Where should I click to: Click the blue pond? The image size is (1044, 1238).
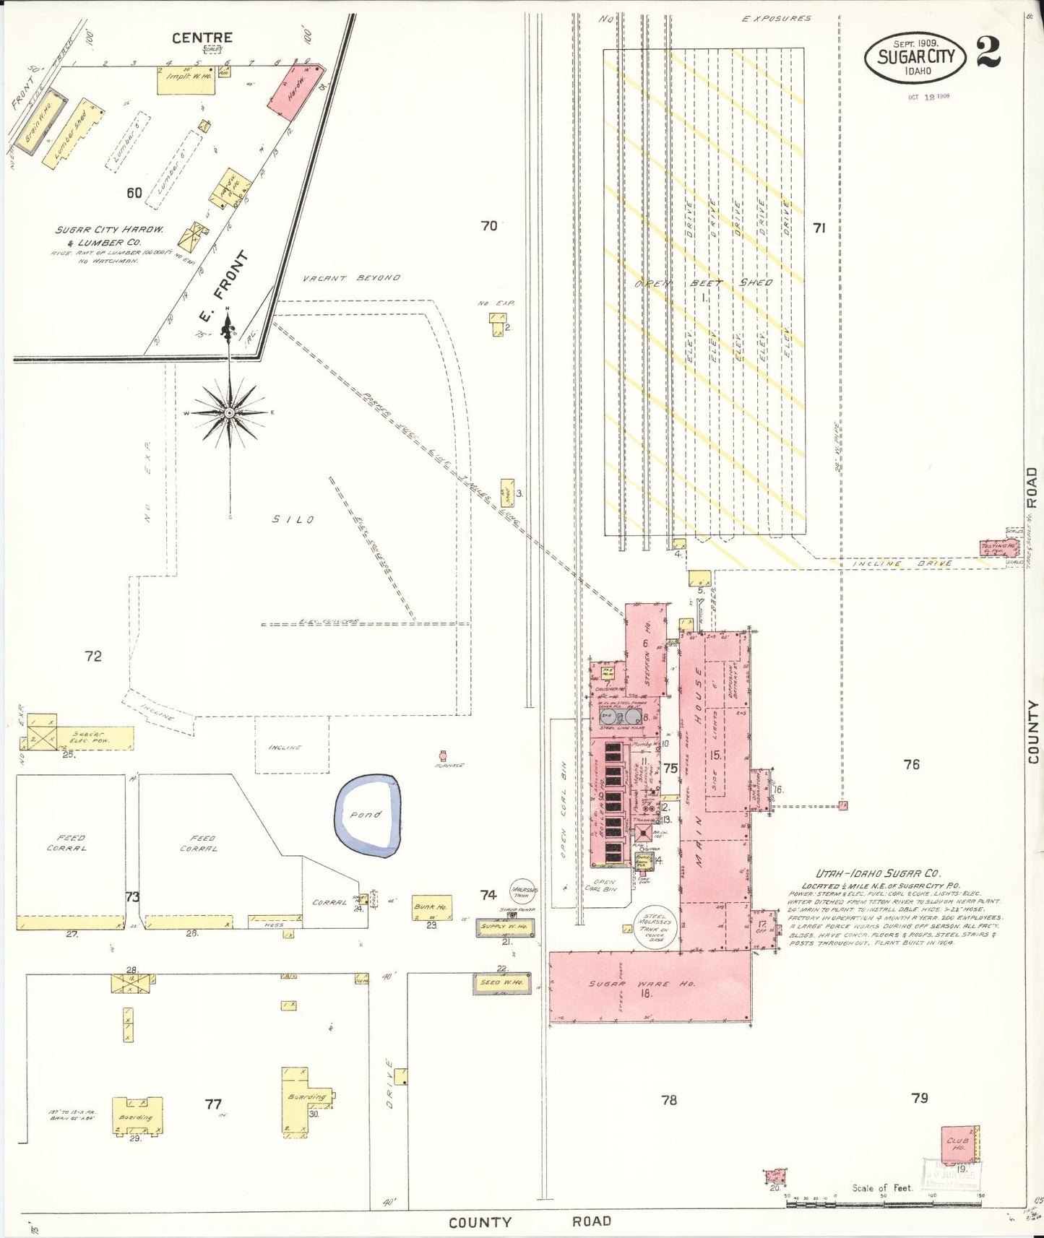pyautogui.click(x=367, y=815)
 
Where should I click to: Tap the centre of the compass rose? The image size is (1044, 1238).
pyautogui.click(x=230, y=412)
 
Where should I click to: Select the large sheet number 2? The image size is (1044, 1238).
pyautogui.click(x=988, y=51)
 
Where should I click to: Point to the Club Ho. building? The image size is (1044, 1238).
pyautogui.click(x=959, y=1143)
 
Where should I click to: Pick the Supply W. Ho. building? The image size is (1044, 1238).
pyautogui.click(x=506, y=927)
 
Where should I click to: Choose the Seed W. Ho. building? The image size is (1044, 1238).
pyautogui.click(x=501, y=983)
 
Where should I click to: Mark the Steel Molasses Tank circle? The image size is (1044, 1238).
pyautogui.click(x=656, y=928)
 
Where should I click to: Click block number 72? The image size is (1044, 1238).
pyautogui.click(x=93, y=656)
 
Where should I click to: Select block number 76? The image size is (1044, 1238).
pyautogui.click(x=912, y=764)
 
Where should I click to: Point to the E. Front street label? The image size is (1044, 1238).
pyautogui.click(x=223, y=287)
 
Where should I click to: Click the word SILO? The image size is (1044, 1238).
pyautogui.click(x=293, y=519)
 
